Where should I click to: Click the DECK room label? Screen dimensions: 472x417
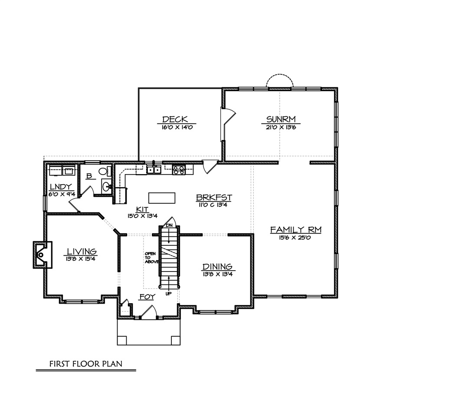(175, 119)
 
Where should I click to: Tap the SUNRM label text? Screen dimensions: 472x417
(281, 119)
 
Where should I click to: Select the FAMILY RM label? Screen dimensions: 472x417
(296, 230)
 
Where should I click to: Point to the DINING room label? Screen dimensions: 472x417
(217, 267)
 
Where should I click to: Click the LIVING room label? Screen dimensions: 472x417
(82, 251)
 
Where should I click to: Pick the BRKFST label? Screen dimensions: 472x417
(214, 198)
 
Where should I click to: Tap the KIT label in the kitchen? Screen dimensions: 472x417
(142, 209)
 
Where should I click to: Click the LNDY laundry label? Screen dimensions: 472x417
(61, 187)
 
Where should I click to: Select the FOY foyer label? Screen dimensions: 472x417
(147, 297)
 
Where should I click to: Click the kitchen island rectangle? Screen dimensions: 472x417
(162, 198)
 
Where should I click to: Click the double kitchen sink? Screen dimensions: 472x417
(154, 170)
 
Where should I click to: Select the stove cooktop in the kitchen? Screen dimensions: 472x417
(179, 170)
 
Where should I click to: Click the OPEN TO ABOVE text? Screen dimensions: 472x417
(151, 258)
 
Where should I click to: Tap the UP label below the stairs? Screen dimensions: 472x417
(169, 294)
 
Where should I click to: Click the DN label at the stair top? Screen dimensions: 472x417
(169, 225)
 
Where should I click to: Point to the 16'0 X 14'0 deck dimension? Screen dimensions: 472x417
(177, 127)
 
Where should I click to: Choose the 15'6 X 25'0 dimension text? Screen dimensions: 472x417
(295, 238)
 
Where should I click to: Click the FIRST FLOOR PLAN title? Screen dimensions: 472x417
(86, 364)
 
